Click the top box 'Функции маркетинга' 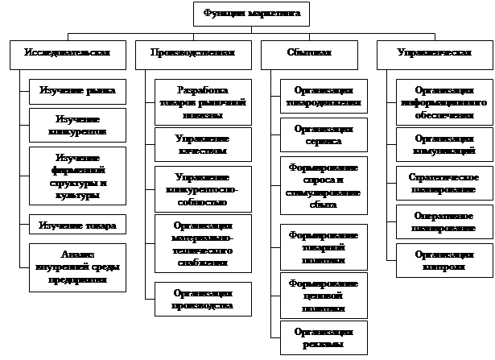251,14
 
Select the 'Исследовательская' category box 69,53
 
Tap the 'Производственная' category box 192,53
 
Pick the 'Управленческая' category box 435,53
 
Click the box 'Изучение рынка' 77,91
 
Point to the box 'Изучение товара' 77,225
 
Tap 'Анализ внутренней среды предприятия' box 77,267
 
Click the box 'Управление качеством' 202,144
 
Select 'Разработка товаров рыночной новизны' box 202,102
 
